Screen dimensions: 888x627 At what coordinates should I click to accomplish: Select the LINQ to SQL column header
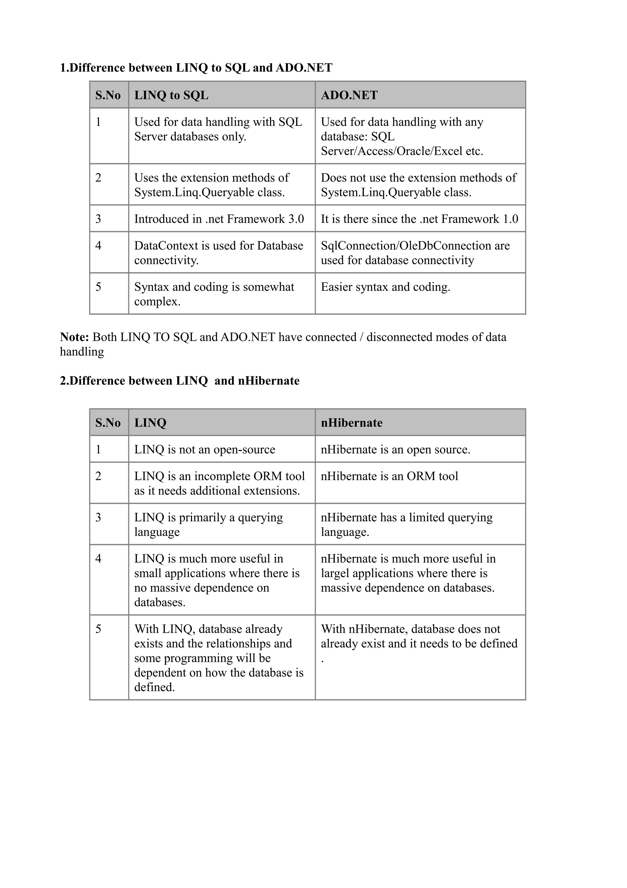pos(171,95)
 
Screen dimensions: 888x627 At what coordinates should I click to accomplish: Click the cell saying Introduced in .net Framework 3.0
pos(219,219)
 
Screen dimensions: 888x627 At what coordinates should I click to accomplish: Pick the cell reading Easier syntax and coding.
pos(385,287)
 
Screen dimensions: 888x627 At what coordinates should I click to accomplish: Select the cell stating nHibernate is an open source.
pos(395,450)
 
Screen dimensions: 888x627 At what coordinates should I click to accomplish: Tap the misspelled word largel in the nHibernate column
pos(335,573)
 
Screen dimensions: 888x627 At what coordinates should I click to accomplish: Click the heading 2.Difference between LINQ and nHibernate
pos(179,381)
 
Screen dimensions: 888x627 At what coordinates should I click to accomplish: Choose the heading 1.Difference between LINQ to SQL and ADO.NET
pos(196,68)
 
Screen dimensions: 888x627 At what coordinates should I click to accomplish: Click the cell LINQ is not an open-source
pos(205,450)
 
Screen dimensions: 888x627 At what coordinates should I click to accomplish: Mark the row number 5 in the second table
pos(98,629)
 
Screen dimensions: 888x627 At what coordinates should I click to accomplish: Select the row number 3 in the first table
pos(98,219)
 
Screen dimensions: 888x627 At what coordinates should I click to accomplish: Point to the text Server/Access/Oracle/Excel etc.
pos(402,151)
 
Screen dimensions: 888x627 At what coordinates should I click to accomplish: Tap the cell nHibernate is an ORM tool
pos(389,476)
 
